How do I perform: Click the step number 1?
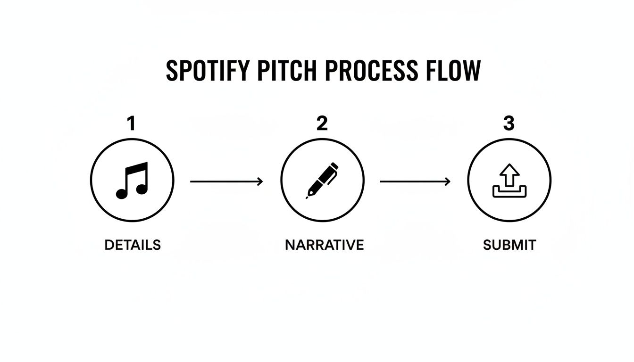[131, 124]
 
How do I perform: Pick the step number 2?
[322, 124]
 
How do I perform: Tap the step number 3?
[509, 124]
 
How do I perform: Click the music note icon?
[132, 181]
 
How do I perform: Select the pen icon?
[322, 181]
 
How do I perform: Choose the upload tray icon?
[509, 181]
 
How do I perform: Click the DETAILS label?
[133, 245]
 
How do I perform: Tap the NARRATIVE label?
[324, 245]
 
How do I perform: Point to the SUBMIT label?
[509, 245]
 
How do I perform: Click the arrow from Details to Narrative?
[226, 181]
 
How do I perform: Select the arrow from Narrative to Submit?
[415, 181]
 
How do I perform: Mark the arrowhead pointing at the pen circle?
[260, 181]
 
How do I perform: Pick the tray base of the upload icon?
[509, 193]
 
